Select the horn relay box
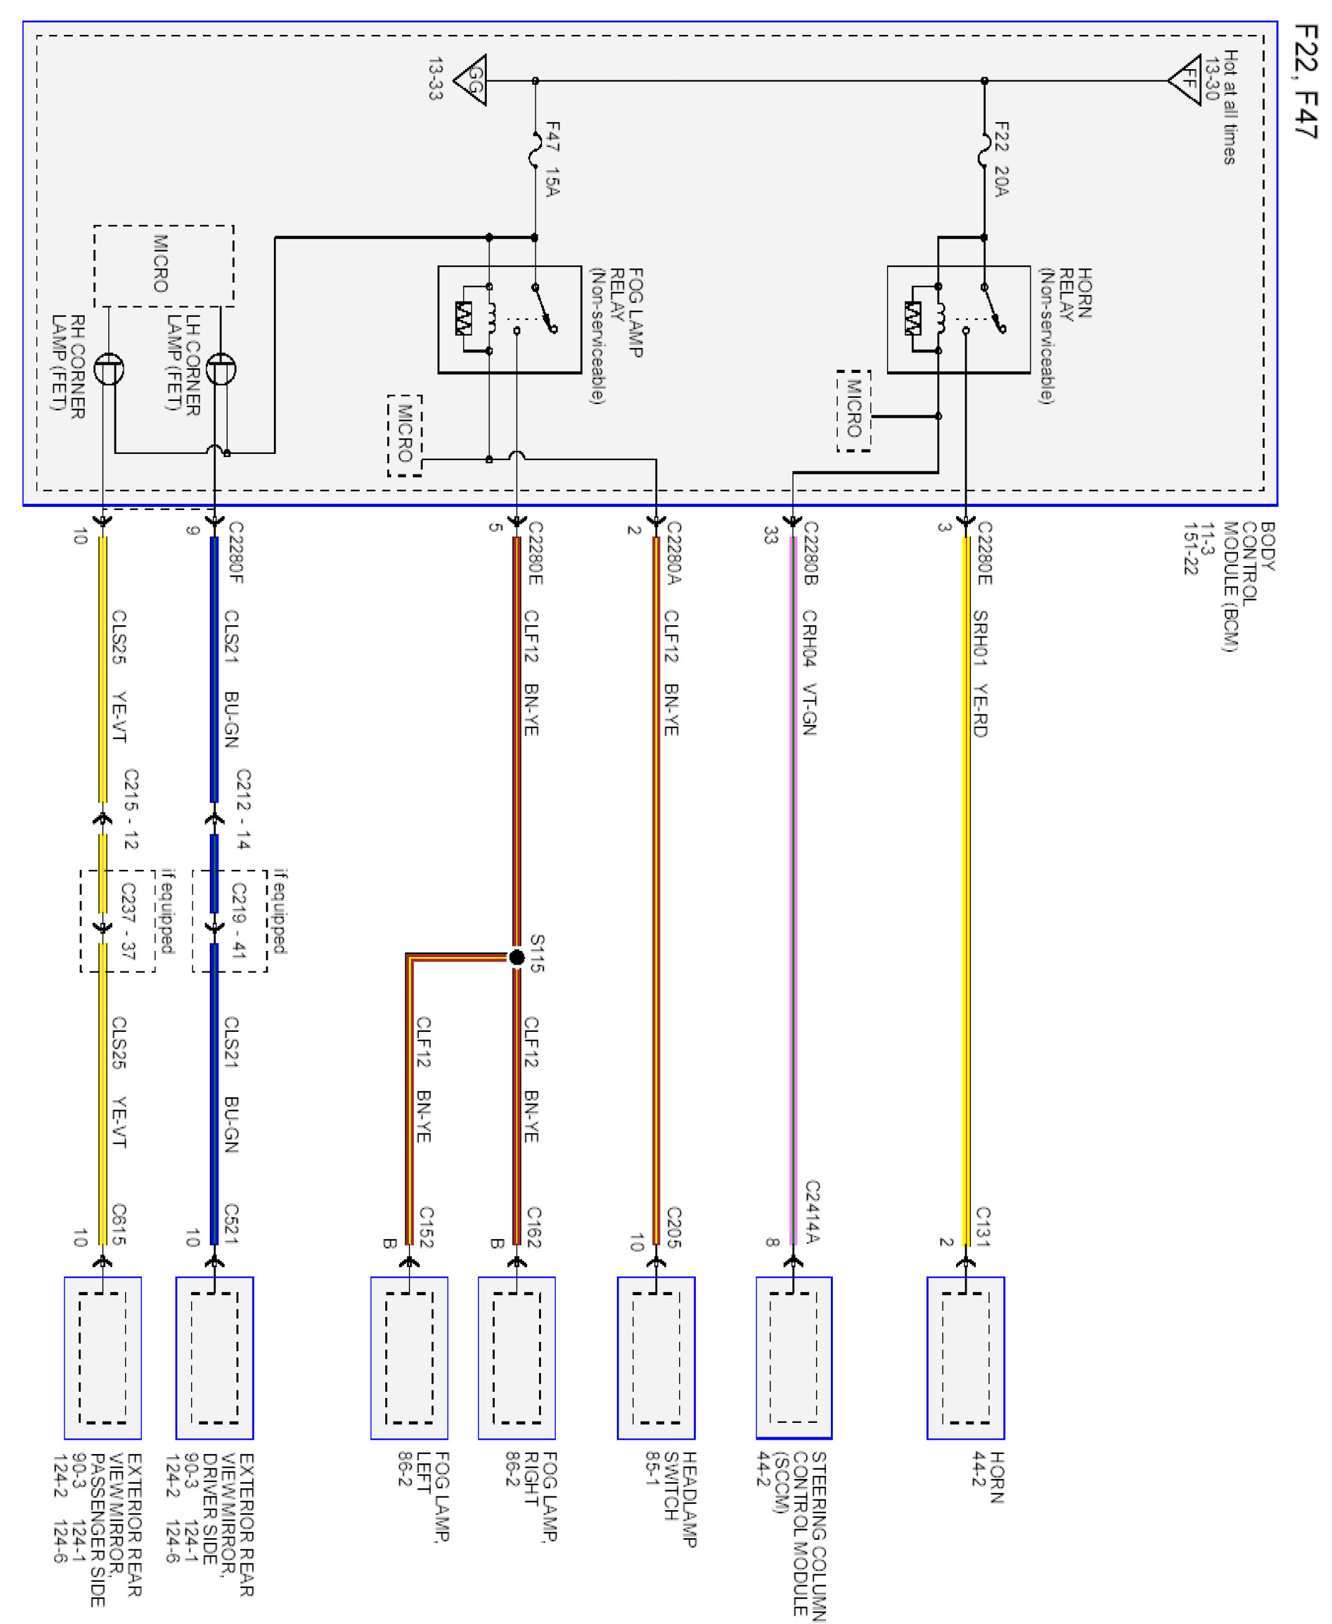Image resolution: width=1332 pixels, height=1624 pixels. pos(959,319)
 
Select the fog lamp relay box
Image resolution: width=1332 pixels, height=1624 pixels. pos(510,319)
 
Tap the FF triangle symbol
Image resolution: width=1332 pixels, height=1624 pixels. pos(1186,80)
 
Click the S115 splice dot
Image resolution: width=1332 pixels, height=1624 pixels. pos(517,957)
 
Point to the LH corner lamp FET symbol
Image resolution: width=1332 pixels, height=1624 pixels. pos(221,369)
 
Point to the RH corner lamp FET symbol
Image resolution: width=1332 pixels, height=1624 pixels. pos(109,369)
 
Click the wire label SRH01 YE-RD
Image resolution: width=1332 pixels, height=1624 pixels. pos(980,674)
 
